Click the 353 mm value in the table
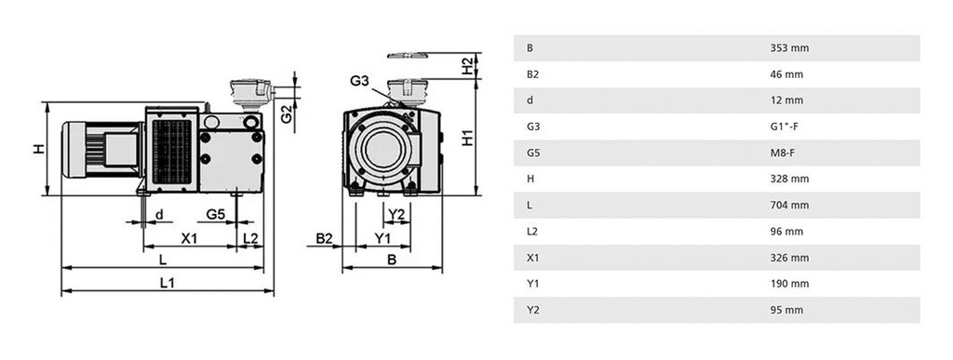pyautogui.click(x=786, y=47)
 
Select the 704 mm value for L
pyautogui.click(x=786, y=205)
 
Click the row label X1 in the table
pyautogui.click(x=532, y=258)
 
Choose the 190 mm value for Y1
pyautogui.click(x=786, y=284)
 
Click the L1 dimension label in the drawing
pyautogui.click(x=168, y=283)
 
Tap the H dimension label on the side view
pyautogui.click(x=39, y=149)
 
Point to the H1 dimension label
pyautogui.click(x=468, y=137)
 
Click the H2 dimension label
pyautogui.click(x=467, y=66)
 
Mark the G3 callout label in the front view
pyautogui.click(x=361, y=81)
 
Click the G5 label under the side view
pyautogui.click(x=216, y=215)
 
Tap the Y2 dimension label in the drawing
pyautogui.click(x=396, y=215)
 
